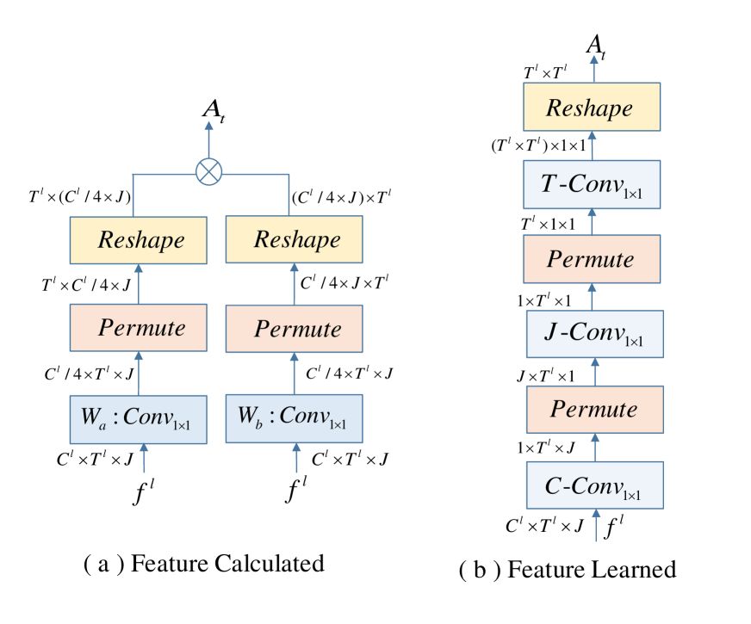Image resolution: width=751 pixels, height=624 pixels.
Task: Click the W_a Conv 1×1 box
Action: click(x=139, y=419)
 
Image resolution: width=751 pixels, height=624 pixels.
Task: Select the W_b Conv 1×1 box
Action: click(x=295, y=418)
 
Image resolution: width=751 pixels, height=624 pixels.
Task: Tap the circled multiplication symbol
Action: click(x=208, y=172)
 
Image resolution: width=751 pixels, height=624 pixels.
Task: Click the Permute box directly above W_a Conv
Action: click(x=139, y=328)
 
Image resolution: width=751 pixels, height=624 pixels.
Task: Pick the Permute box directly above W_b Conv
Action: click(x=295, y=329)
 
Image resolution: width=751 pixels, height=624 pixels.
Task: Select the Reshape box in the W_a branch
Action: click(x=139, y=239)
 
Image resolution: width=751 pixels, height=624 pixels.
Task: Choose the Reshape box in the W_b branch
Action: click(x=295, y=239)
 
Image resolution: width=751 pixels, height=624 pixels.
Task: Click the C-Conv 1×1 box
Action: click(x=595, y=485)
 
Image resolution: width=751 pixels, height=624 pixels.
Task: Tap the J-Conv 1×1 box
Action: click(x=595, y=334)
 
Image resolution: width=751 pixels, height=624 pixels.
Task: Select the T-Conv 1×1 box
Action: click(x=593, y=184)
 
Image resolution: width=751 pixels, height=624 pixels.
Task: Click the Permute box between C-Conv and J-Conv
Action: click(x=595, y=410)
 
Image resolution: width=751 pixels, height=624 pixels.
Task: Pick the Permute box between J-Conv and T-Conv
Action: click(x=593, y=259)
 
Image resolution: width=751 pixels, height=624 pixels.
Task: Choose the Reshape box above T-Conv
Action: click(x=593, y=108)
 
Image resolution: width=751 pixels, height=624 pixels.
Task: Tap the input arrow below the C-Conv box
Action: click(x=595, y=525)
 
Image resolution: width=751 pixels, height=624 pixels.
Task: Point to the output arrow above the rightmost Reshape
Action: click(x=593, y=69)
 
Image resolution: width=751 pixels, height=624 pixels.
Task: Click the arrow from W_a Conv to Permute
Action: click(x=139, y=374)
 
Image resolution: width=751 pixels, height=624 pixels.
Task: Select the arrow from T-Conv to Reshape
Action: click(x=593, y=145)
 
